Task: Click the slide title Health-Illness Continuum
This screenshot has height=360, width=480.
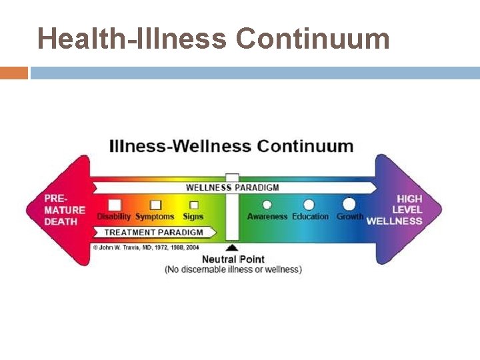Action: [213, 39]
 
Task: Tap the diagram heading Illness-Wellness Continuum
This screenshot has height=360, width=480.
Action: [231, 146]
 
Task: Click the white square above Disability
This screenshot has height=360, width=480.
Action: [115, 205]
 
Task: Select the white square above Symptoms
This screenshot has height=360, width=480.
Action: [155, 205]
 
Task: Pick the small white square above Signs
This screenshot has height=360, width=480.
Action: [194, 205]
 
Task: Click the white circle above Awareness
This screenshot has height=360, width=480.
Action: [267, 205]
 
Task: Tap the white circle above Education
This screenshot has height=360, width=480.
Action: [309, 205]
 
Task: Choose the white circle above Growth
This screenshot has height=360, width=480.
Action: [349, 204]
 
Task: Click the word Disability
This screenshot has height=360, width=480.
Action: [114, 217]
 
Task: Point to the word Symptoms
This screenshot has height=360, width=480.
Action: [155, 217]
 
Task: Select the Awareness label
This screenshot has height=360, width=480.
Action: [267, 217]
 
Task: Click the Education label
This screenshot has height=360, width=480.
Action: [310, 217]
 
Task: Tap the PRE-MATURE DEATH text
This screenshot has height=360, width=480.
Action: [65, 210]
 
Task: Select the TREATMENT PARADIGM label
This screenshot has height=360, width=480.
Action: [153, 233]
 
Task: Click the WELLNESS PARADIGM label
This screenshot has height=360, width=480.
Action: [232, 187]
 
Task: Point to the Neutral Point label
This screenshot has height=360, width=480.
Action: [233, 259]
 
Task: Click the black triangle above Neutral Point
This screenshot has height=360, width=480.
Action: [232, 248]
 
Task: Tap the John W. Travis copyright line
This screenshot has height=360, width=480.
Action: [146, 247]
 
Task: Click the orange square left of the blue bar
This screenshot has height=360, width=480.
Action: [13, 72]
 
